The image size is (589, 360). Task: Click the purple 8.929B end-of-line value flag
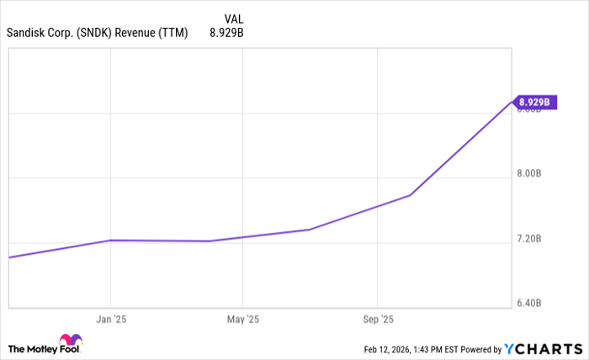[x=534, y=103]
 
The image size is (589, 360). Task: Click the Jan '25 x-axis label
[x=110, y=320]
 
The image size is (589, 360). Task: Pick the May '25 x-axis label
[x=242, y=320]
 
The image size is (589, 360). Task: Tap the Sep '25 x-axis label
[x=378, y=320]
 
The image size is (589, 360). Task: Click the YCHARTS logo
[x=544, y=348]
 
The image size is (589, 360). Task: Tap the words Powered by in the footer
[x=477, y=349]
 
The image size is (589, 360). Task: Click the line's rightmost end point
[x=512, y=101]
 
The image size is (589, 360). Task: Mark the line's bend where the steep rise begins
[x=411, y=195]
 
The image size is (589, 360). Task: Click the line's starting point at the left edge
[x=8, y=257]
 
